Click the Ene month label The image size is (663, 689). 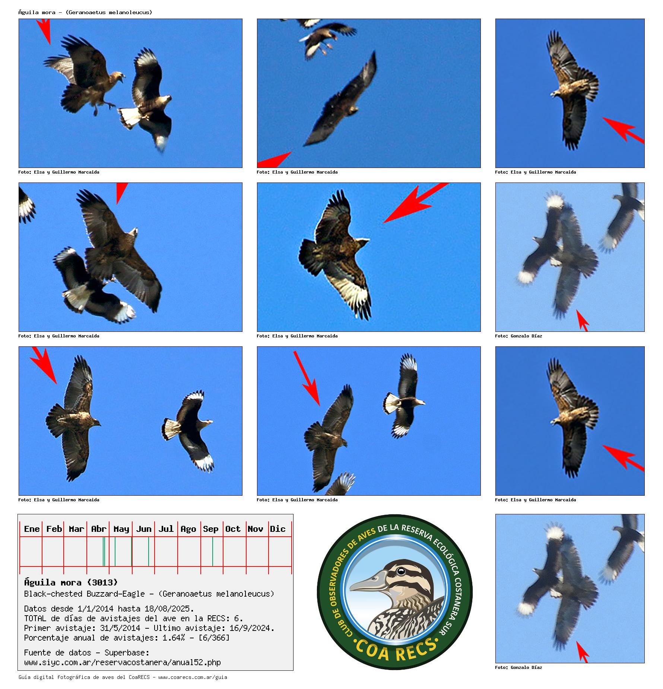[x=32, y=529]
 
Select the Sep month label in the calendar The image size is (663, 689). [x=210, y=529]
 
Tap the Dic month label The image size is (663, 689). [x=277, y=529]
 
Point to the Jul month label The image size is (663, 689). [x=166, y=529]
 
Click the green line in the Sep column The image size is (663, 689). [x=213, y=552]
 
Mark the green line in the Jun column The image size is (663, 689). [x=149, y=552]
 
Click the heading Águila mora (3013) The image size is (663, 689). [x=71, y=582]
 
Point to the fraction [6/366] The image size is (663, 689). [x=214, y=638]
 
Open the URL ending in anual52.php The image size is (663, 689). [x=123, y=662]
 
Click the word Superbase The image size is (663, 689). [x=127, y=653]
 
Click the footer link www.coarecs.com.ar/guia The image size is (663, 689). [x=193, y=677]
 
